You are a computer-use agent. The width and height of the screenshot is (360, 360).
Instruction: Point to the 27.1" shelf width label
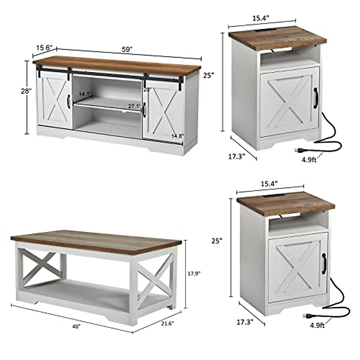[x=134, y=106]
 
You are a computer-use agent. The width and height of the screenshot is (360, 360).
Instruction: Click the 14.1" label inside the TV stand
[x=85, y=94]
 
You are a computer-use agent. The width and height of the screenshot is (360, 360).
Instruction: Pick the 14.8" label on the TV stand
[x=177, y=136]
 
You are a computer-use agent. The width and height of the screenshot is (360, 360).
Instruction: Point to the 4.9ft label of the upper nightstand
[x=309, y=160]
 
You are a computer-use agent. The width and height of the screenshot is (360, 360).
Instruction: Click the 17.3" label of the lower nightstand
[x=245, y=322]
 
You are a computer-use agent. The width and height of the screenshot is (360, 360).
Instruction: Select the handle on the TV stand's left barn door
[x=69, y=101]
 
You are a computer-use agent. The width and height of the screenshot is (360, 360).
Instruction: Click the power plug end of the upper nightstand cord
[x=298, y=149]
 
